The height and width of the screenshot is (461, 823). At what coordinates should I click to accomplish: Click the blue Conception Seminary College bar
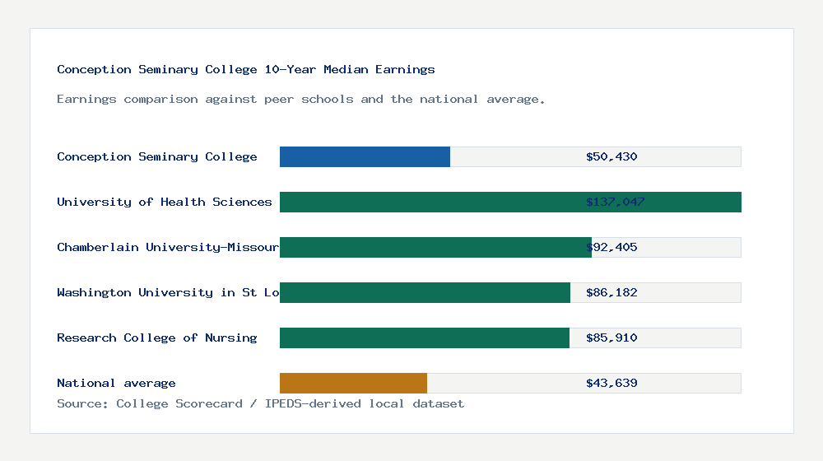[x=365, y=156]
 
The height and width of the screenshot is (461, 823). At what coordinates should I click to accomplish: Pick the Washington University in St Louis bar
[x=425, y=292]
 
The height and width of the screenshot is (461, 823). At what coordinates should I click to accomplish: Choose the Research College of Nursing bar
[x=425, y=338]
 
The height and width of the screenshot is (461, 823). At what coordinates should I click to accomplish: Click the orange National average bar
[x=353, y=383]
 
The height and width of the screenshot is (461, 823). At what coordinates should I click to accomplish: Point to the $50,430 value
[x=611, y=156]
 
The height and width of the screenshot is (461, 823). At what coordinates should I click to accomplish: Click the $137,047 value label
[x=615, y=202]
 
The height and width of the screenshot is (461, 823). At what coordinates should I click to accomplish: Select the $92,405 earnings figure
[x=611, y=247]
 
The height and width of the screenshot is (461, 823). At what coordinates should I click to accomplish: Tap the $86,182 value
[x=611, y=292]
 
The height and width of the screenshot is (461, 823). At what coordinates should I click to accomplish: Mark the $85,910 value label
[x=611, y=338]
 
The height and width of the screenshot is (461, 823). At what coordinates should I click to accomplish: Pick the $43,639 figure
[x=611, y=383]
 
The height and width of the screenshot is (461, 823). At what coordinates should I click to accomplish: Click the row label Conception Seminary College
[x=157, y=156]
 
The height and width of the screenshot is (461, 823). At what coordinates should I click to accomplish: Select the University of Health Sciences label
[x=165, y=202]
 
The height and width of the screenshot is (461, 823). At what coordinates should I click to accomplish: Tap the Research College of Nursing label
[x=157, y=338]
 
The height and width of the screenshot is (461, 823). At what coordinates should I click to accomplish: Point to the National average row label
[x=116, y=383]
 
